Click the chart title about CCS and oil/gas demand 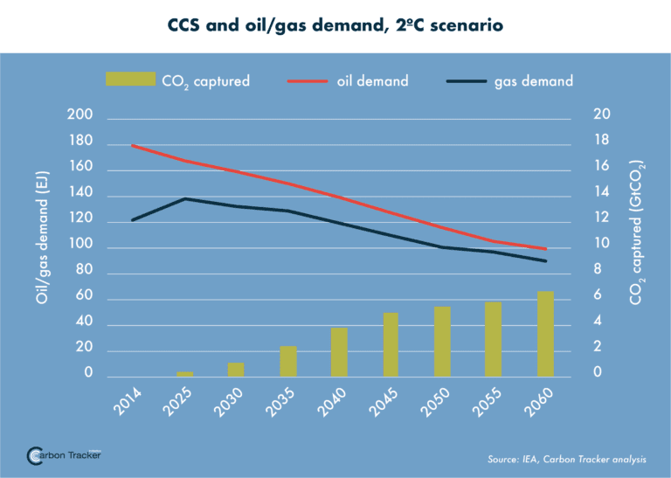(335, 25)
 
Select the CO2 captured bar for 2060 (545, 334)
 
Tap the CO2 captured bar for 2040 (339, 352)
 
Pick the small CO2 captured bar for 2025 (184, 374)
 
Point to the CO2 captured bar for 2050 (442, 342)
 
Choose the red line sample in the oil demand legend (308, 80)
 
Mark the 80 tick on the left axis (83, 272)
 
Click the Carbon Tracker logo (65, 455)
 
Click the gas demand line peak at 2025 (184, 199)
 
